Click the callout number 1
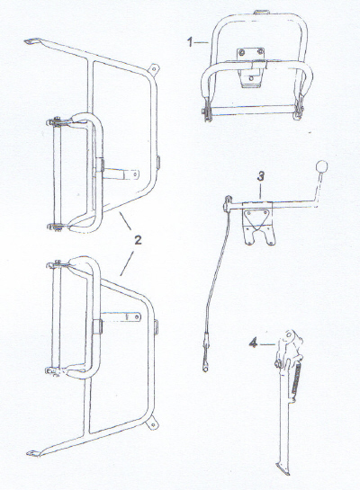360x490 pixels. coord(190,42)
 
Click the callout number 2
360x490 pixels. coord(138,240)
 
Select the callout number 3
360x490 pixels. coord(260,176)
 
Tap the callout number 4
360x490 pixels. coord(253,343)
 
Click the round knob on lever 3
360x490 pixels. coord(321,166)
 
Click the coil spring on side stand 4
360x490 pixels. coord(296,379)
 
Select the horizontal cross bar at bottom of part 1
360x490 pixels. coord(252,110)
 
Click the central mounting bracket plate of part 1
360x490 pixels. coord(250,67)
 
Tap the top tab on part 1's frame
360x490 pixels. coord(262,13)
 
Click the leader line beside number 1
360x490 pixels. coord(202,42)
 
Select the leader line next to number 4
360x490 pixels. coord(267,344)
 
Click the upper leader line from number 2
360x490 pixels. coord(125,221)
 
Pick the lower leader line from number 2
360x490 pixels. coord(127,263)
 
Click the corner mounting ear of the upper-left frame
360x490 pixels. coord(153,68)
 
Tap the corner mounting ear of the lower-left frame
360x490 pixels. coord(152,423)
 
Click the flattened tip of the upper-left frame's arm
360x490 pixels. coord(31,41)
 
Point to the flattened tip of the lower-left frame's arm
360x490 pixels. coord(34,453)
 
